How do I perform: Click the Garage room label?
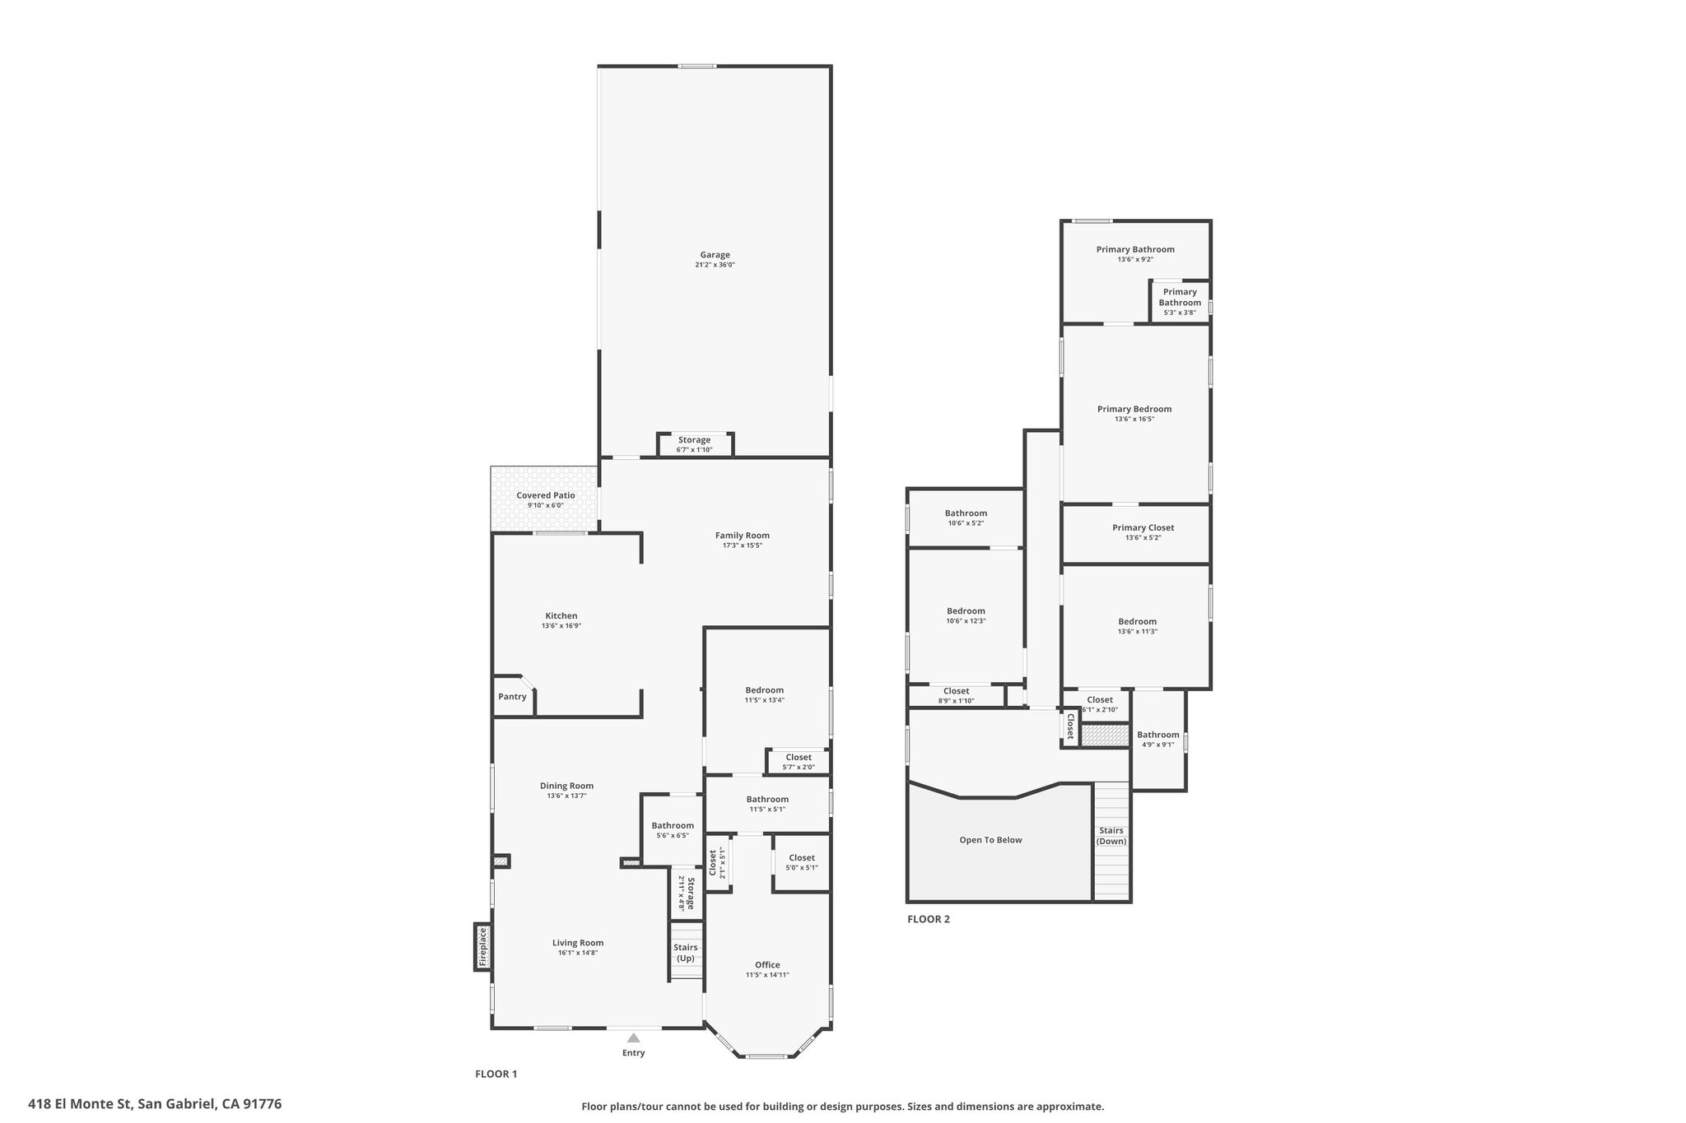[x=715, y=255]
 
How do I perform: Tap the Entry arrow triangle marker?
[x=633, y=1038]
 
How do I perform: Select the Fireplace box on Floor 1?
[x=483, y=947]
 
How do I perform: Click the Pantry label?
[x=512, y=697]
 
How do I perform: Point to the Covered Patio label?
[x=546, y=495]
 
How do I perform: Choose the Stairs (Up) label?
[x=685, y=953]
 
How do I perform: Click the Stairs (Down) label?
[x=1111, y=836]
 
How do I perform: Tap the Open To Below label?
[x=990, y=840]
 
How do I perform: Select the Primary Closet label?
[x=1143, y=528]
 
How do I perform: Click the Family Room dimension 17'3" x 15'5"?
[x=743, y=545]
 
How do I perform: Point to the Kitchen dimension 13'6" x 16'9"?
[x=561, y=626]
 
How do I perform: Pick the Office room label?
[x=767, y=965]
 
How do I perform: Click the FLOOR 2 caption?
[x=929, y=919]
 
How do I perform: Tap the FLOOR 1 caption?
[x=496, y=1074]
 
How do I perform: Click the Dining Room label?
[x=566, y=786]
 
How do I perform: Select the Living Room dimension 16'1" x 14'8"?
[x=577, y=953]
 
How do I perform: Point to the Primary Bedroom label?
[x=1134, y=409]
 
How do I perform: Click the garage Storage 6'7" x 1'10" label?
[x=694, y=444]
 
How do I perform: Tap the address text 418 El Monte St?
[x=80, y=1104]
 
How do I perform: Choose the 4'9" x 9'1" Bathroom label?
[x=1158, y=739]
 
